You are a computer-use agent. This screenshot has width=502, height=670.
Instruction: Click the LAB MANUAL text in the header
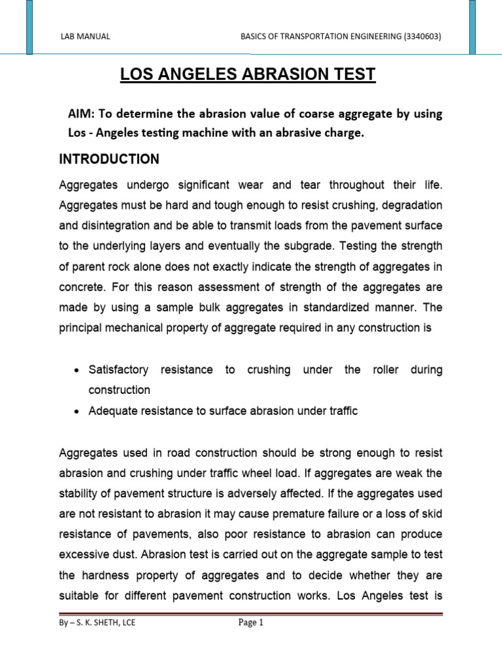tap(85, 37)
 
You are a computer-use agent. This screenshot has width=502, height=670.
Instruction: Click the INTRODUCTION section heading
tap(109, 158)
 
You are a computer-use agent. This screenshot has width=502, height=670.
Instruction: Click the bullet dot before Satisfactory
tap(77, 370)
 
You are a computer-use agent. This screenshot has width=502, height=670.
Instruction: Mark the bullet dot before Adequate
tap(77, 412)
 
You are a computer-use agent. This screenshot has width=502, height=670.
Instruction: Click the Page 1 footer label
tap(250, 623)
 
